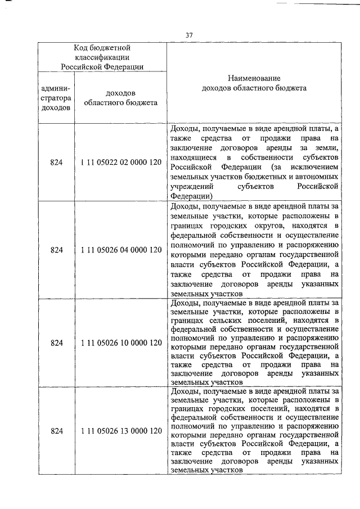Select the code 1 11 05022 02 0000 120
[121, 163]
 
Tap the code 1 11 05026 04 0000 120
[121, 249]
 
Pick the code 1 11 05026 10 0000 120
[121, 343]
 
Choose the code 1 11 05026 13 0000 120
[121, 431]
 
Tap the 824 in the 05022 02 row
[56, 163]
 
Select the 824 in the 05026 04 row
[56, 249]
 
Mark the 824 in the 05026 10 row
[56, 343]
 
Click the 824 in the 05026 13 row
[56, 431]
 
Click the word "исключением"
[314, 167]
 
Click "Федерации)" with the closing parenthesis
[191, 196]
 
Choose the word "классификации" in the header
[102, 57]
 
